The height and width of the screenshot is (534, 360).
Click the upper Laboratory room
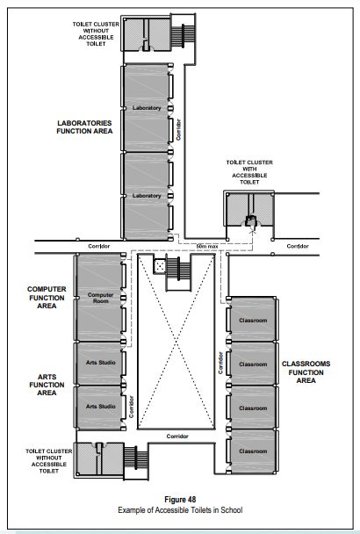click(x=147, y=107)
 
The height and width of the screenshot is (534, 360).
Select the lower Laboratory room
click(x=147, y=195)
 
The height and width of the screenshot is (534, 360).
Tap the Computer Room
click(x=101, y=297)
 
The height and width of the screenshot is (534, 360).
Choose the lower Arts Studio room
click(x=100, y=406)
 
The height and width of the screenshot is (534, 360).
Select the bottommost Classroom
click(x=253, y=450)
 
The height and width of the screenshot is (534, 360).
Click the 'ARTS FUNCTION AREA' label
click(x=47, y=385)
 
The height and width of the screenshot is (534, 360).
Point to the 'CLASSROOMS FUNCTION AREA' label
click(x=306, y=372)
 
